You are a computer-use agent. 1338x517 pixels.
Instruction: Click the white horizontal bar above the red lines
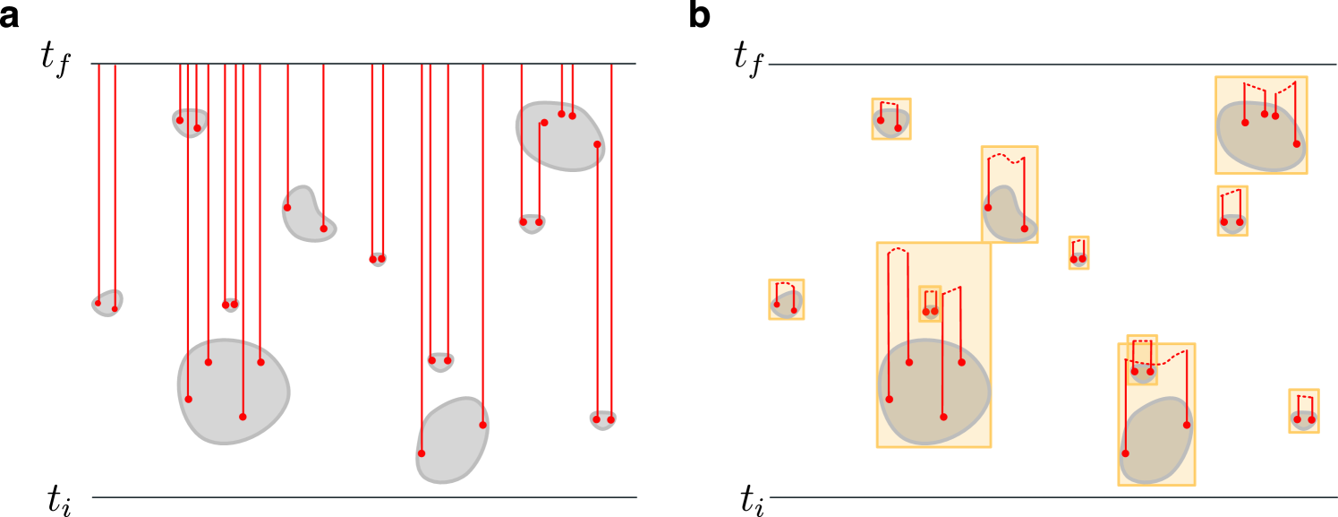[x=362, y=47]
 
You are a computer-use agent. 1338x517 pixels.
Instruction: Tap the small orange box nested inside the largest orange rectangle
[x=930, y=304]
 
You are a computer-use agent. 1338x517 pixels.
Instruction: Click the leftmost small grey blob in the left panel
[x=107, y=303]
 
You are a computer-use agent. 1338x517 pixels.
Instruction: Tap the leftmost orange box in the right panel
[x=786, y=299]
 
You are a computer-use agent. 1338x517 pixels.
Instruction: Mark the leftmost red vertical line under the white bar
[x=99, y=179]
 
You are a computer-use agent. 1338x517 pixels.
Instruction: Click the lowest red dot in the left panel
[x=422, y=453]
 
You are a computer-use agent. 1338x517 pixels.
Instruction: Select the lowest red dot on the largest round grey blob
[x=243, y=417]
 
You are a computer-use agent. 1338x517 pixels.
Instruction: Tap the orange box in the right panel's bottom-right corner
[x=1303, y=411]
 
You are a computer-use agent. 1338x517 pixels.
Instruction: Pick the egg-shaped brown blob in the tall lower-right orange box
[x=1156, y=441]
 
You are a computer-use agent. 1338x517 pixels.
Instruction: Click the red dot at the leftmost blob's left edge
[x=98, y=304]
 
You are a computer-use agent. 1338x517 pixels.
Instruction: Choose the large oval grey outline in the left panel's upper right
[x=560, y=135]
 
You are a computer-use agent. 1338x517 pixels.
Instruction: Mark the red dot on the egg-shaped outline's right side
[x=482, y=425]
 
